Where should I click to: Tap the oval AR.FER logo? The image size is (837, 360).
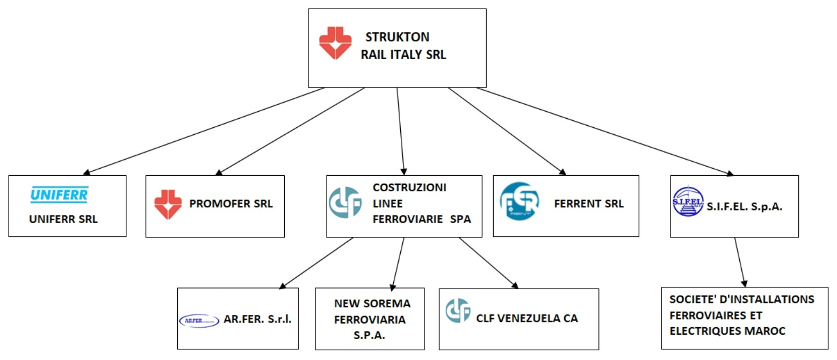pos(199,320)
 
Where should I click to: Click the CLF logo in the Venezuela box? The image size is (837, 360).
pos(458,311)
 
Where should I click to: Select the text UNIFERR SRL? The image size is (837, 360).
pos(63,219)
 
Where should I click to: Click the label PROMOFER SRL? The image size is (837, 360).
pos(231,204)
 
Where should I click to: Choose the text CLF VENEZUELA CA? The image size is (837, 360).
pos(527,318)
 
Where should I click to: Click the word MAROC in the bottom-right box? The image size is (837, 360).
pos(767,331)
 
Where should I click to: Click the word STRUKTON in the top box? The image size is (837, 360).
pos(398,38)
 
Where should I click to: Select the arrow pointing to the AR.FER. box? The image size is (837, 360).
pos(317,263)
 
